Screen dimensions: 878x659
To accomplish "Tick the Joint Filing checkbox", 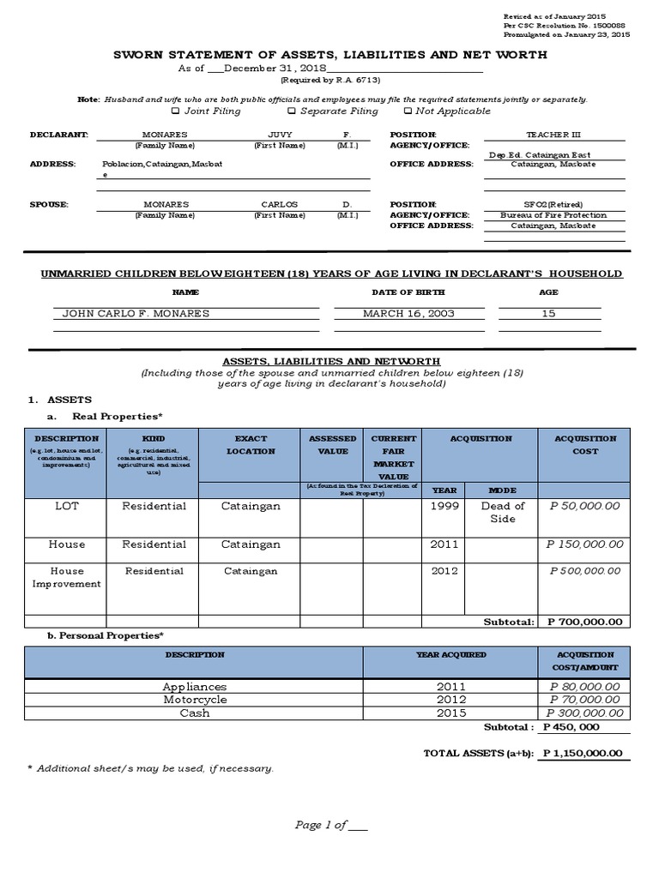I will (x=176, y=111).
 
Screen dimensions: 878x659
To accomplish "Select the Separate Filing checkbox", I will (x=292, y=111).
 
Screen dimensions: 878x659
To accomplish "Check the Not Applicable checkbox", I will (x=407, y=111).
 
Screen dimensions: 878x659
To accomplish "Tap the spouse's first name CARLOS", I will (x=280, y=205).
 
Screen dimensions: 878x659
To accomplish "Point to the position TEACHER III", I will (x=553, y=135).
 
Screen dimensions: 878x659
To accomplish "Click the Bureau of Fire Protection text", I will (x=553, y=215).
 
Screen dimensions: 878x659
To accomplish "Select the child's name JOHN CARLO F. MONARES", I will (x=136, y=314).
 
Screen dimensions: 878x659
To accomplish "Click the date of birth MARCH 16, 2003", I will (x=408, y=314).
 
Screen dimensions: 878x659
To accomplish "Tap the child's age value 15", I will (x=548, y=314).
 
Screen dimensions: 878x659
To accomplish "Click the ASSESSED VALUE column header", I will (x=333, y=444).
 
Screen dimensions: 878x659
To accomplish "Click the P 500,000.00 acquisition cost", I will (x=584, y=570).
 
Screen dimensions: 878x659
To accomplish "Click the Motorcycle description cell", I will (x=195, y=700).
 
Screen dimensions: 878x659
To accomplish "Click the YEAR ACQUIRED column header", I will (x=450, y=655).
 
